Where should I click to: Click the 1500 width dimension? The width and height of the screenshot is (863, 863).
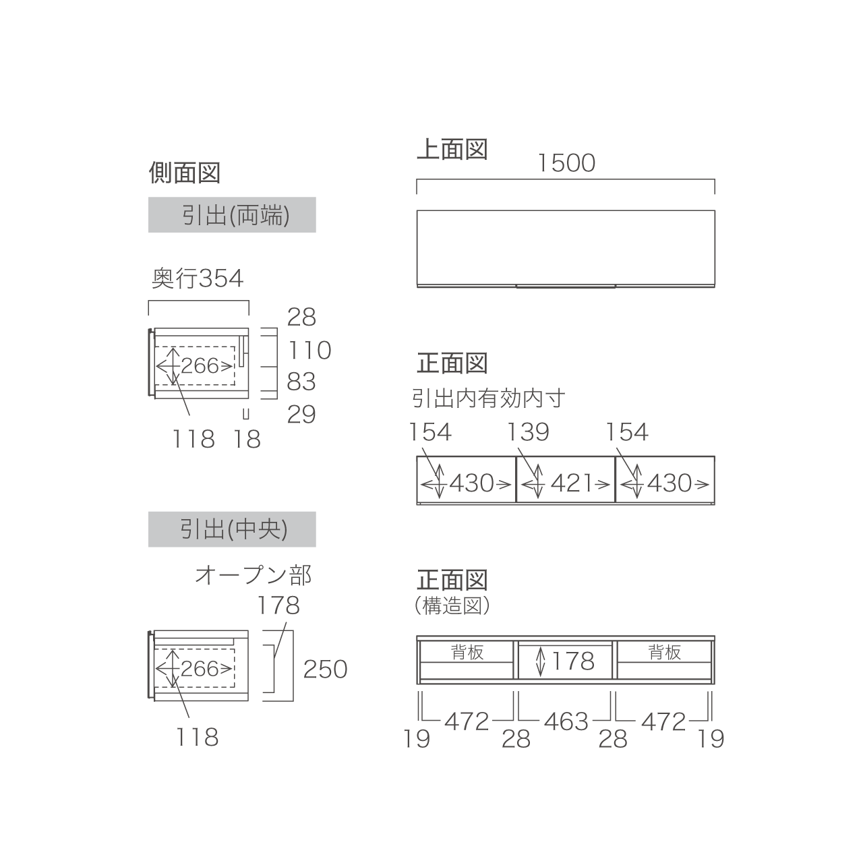[x=566, y=163]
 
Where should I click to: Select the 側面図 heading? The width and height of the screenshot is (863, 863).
[x=185, y=173]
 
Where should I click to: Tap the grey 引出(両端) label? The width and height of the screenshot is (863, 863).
[x=232, y=215]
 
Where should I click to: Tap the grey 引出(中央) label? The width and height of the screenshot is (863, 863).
[x=232, y=529]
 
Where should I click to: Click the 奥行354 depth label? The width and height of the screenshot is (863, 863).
[x=198, y=278]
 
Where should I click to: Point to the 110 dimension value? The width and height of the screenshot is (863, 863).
[x=309, y=350]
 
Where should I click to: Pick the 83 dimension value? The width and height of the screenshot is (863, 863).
[x=301, y=382]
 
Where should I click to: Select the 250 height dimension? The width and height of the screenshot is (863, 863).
[x=325, y=669]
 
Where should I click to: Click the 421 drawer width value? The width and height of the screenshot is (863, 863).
[x=572, y=483]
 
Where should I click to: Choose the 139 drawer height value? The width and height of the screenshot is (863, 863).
[x=528, y=432]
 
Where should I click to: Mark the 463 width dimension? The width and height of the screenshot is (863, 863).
[x=566, y=721]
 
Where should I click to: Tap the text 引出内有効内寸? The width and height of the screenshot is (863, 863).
[x=489, y=398]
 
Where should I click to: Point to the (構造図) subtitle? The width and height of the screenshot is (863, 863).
[x=452, y=606]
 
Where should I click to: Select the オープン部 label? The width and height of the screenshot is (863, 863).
[x=253, y=576]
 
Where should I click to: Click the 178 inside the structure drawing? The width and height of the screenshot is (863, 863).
[x=573, y=661]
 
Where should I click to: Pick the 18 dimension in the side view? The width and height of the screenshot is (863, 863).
[x=246, y=440]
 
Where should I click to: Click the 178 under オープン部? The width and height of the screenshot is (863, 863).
[x=278, y=605]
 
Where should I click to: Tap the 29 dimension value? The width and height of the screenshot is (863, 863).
[x=301, y=415]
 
